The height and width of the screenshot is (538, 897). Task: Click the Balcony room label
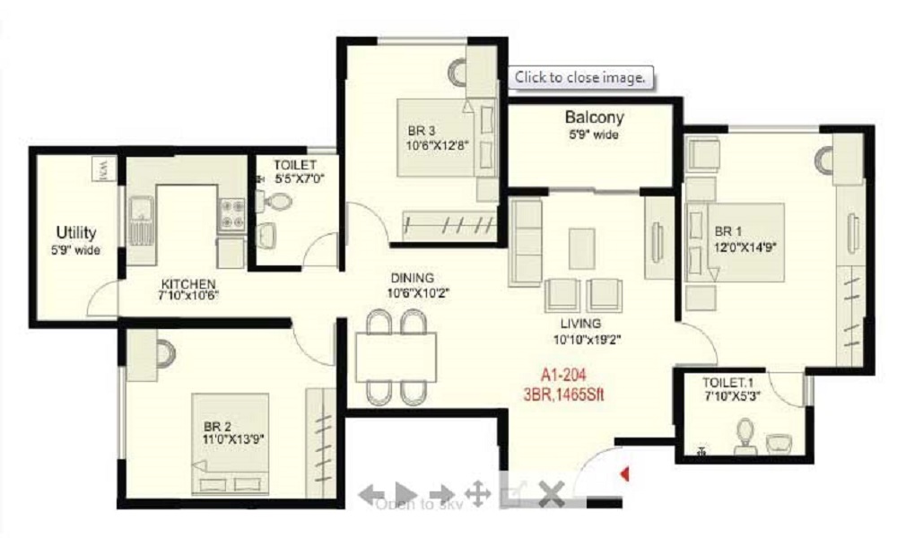(x=594, y=117)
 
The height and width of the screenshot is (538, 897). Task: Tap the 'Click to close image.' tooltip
(x=580, y=78)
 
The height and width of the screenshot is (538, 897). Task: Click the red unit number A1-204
(x=564, y=375)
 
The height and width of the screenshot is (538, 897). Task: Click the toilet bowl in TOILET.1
(x=744, y=437)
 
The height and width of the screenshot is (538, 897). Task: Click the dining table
(x=396, y=357)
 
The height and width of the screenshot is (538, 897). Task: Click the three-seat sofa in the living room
(x=526, y=242)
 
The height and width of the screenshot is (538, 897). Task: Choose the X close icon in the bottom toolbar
(x=550, y=493)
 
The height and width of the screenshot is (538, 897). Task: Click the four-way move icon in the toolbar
(x=477, y=493)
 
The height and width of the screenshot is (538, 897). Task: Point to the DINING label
(x=412, y=278)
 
